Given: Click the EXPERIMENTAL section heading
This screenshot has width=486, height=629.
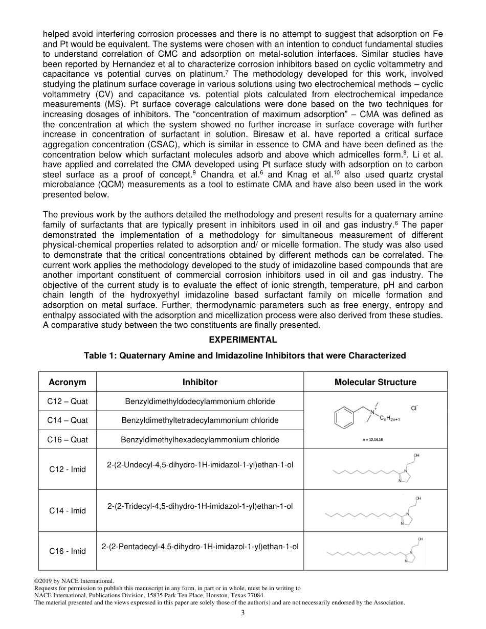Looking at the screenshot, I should tap(243, 340).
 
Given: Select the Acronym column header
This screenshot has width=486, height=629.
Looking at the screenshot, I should tap(68, 382).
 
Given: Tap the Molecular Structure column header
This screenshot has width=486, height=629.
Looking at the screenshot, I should tap(375, 382).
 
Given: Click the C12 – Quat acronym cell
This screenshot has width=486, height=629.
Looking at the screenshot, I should tap(68, 401).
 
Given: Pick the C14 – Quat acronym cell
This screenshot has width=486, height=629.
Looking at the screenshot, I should tap(68, 420).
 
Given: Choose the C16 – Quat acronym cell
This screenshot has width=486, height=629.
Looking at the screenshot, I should tap(68, 439).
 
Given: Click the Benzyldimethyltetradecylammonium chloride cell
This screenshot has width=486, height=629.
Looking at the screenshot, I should tap(200, 420).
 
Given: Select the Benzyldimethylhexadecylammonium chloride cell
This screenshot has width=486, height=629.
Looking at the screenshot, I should tap(200, 439).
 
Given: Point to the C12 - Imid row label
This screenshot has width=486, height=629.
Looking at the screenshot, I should tap(68, 469).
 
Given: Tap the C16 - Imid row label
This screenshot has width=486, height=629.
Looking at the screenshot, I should tap(68, 551).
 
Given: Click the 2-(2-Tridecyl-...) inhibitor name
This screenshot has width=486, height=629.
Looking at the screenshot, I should tap(200, 506).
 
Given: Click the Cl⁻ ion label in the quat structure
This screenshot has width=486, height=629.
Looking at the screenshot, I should tap(414, 408).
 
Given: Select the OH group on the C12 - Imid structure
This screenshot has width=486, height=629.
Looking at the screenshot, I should tap(417, 455).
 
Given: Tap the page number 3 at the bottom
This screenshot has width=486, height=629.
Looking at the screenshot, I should tap(243, 613).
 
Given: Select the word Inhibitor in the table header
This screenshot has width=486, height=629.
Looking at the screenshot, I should tap(200, 382).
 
